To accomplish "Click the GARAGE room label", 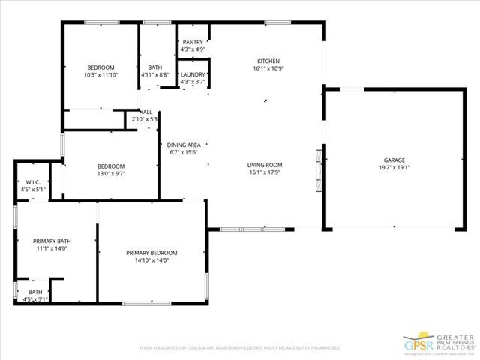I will coord(394,160).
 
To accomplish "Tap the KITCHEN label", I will coord(268,61).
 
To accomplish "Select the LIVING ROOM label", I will coord(265,165).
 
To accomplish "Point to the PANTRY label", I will coord(193,42).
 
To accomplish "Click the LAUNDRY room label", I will coord(193,74).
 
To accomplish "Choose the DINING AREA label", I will coord(183,145).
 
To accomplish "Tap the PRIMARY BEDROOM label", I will coord(151,253).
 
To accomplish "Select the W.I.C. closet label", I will coord(32,182).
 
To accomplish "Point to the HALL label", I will coord(145,112).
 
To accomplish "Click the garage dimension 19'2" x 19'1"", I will coord(394,168).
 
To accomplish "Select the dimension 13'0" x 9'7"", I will coord(111,173).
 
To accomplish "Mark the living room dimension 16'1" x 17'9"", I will coord(265,172).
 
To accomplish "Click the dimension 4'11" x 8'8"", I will coord(155,75).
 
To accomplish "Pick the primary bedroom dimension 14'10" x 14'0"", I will coord(151,260).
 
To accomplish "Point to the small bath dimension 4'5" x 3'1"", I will coord(35,299).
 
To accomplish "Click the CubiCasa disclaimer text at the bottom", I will coord(240,348).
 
